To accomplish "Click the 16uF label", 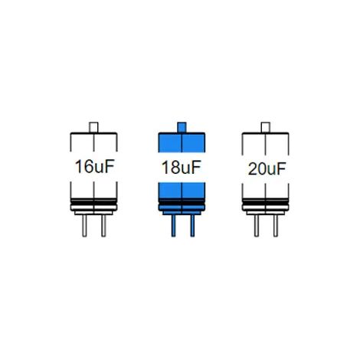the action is [x=94, y=166].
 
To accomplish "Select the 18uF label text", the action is [x=182, y=168].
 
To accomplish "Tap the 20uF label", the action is [x=267, y=169].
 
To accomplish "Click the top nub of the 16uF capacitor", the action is [x=93, y=127].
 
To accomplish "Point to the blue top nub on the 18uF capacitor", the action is [x=182, y=127].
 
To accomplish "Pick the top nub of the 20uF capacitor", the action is [x=266, y=127].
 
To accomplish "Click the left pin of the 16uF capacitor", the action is [x=84, y=226].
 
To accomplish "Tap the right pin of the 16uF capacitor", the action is [x=103, y=226].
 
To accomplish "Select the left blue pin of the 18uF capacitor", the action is [x=173, y=226].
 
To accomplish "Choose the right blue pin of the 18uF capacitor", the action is [x=192, y=226].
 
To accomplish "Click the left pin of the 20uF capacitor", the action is [x=257, y=226].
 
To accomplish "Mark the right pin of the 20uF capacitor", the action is [x=276, y=226].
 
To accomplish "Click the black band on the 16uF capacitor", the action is [x=93, y=201].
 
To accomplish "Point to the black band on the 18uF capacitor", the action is [x=182, y=201].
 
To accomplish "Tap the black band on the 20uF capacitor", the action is [x=266, y=201].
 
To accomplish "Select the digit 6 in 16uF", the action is [x=88, y=166].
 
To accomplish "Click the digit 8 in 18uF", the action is [x=175, y=168].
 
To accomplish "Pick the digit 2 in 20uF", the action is [x=253, y=169].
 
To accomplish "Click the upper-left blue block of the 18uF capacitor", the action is [x=170, y=142].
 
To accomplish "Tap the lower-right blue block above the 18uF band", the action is [x=193, y=191].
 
